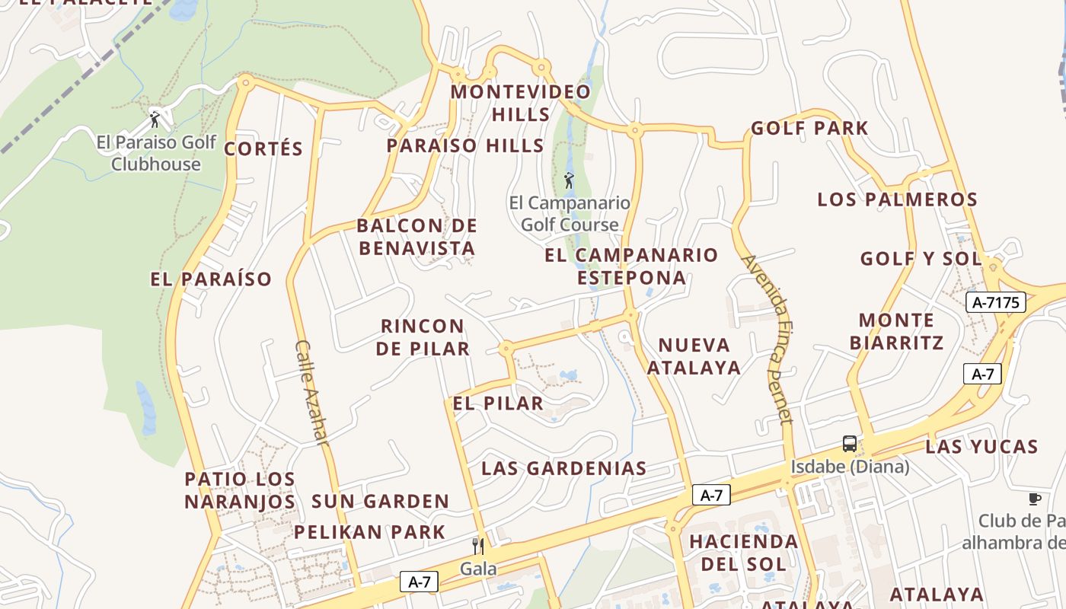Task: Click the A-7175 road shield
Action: click(995, 302)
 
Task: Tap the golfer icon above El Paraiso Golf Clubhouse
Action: click(155, 120)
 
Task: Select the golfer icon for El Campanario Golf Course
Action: click(568, 180)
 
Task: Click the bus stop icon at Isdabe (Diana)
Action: click(850, 444)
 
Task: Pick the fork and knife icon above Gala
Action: click(478, 546)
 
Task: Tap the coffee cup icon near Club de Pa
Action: click(1034, 499)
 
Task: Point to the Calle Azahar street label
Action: click(312, 393)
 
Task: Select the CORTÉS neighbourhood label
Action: click(263, 148)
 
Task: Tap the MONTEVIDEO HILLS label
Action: click(521, 103)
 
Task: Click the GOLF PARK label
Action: click(809, 128)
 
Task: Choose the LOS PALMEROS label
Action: click(897, 199)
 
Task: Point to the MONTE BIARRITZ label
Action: click(896, 331)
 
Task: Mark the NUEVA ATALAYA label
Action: click(694, 356)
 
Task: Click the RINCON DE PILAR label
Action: click(423, 337)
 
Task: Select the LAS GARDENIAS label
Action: click(564, 468)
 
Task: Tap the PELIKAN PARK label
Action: click(369, 531)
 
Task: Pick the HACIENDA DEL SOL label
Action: click(743, 553)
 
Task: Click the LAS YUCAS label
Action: click(981, 446)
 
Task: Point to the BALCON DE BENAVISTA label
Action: click(417, 237)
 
